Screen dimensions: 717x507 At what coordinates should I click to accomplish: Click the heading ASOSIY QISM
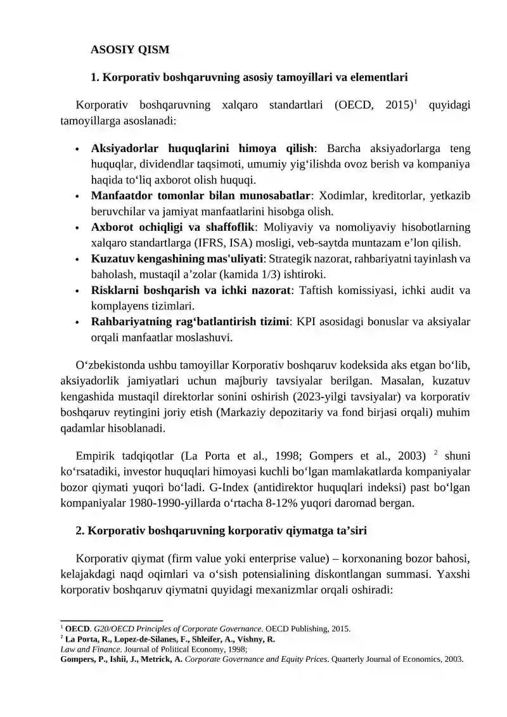(130, 49)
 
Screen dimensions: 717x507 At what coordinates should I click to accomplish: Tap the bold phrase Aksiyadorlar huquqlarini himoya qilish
(202, 149)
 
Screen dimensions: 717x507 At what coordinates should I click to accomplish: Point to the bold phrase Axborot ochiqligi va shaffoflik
(172, 227)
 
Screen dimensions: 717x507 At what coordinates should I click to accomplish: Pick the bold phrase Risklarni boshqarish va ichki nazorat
(191, 290)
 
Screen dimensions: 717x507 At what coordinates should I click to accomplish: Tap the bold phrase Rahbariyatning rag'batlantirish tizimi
(190, 322)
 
